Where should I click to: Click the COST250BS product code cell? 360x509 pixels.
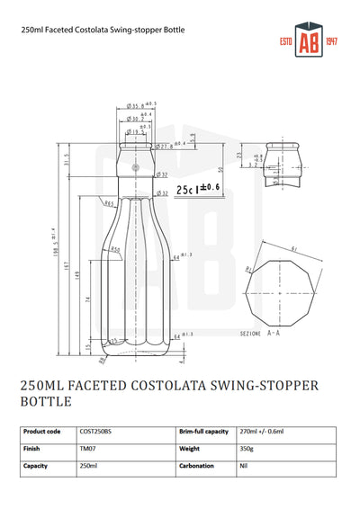[97, 432]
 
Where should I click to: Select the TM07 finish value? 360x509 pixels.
[88, 449]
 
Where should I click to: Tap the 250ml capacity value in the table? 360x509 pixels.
[89, 466]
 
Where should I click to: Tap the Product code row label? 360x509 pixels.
[41, 432]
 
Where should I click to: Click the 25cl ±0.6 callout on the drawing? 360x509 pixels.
[200, 188]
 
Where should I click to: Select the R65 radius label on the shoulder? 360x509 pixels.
[109, 204]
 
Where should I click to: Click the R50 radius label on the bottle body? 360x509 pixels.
[115, 249]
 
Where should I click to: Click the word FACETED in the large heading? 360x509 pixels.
[109, 386]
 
